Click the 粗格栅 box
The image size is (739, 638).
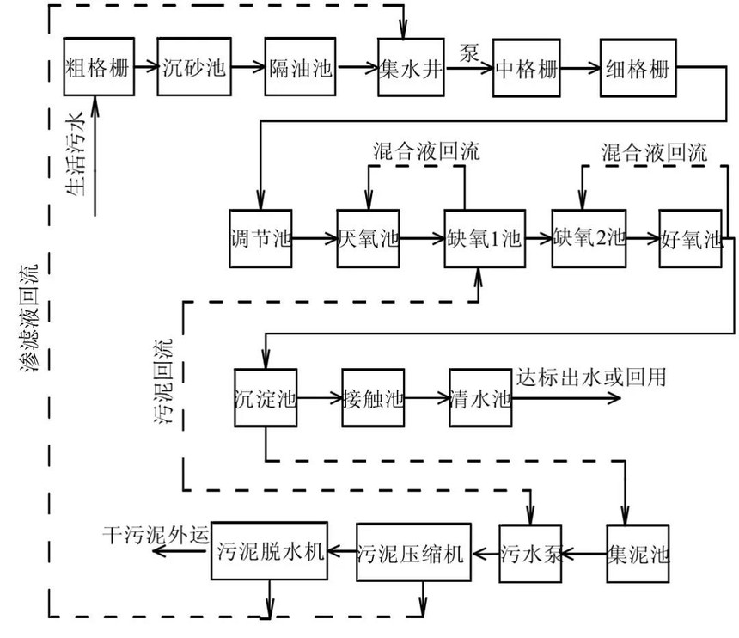(x=99, y=69)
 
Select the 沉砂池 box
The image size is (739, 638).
(x=194, y=69)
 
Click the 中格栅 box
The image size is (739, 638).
(x=525, y=69)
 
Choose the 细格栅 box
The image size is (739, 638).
(x=638, y=69)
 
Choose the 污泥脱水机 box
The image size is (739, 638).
(x=271, y=550)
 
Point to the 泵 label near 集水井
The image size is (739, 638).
(x=469, y=49)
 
